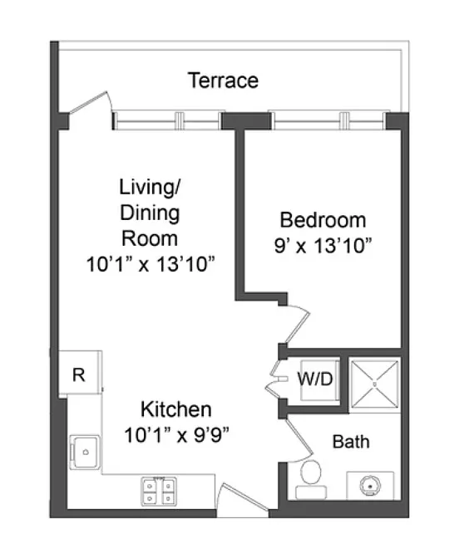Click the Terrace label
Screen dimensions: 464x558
pyautogui.click(x=223, y=80)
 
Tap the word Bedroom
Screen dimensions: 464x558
pyautogui.click(x=323, y=220)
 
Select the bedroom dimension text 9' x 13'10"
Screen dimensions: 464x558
pyautogui.click(x=323, y=246)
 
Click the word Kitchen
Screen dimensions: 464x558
pyautogui.click(x=176, y=409)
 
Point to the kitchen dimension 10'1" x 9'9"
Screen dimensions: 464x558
pyautogui.click(x=176, y=435)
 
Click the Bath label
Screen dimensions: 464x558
pyautogui.click(x=351, y=442)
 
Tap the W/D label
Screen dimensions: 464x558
pyautogui.click(x=315, y=379)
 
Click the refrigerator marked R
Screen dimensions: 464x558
pyautogui.click(x=80, y=373)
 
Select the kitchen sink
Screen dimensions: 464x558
pyautogui.click(x=85, y=452)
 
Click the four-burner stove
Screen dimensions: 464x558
pyautogui.click(x=159, y=492)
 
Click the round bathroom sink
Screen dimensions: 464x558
pyautogui.click(x=370, y=485)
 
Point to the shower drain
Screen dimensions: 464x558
pyautogui.click(x=374, y=384)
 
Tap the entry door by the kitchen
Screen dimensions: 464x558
pyautogui.click(x=242, y=500)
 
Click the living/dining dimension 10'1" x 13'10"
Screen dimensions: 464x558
pyautogui.click(x=151, y=264)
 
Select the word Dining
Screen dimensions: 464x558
pyautogui.click(x=150, y=213)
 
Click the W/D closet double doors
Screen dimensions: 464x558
pyautogui.click(x=276, y=379)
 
